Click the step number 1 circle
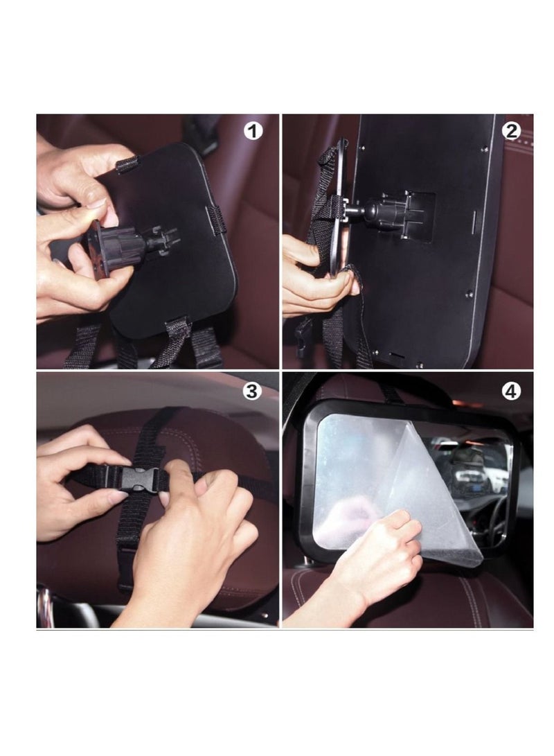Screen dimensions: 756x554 tap(254, 131)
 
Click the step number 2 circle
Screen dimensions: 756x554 tap(511, 131)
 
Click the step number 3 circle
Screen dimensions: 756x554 tap(253, 392)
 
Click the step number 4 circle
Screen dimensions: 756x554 tap(511, 392)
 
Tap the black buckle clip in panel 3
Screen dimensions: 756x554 tap(142, 478)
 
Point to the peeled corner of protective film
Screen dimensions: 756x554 tap(457, 527)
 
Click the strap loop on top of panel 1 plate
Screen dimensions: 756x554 tap(128, 165)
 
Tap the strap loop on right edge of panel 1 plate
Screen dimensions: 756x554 tap(215, 218)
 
